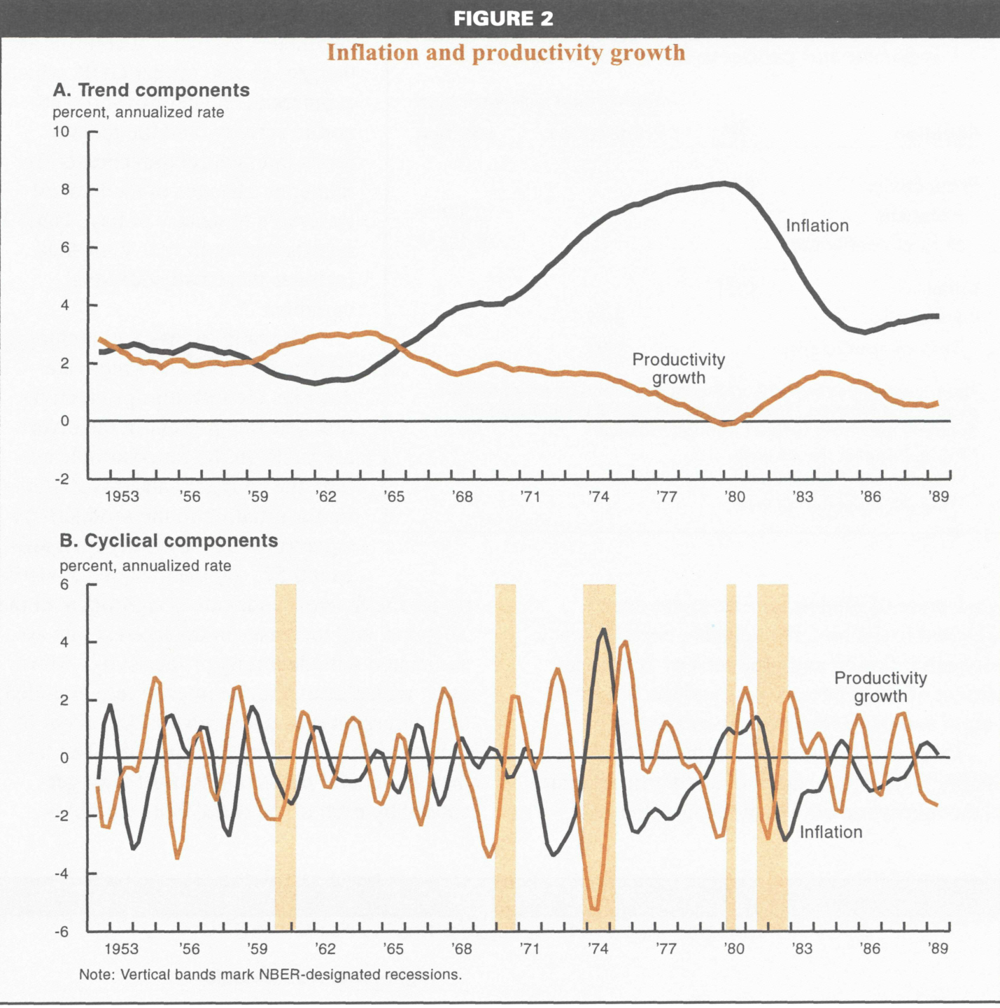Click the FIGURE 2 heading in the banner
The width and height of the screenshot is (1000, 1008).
tap(502, 19)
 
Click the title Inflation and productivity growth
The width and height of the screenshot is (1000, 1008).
tap(505, 53)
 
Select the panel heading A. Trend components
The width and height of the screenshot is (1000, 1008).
tap(151, 90)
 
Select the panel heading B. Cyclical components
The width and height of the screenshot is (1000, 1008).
tap(169, 541)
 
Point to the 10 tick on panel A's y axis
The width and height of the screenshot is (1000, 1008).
tap(62, 132)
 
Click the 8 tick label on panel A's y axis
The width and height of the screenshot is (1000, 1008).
tap(65, 190)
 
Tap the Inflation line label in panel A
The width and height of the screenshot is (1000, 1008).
tap(817, 226)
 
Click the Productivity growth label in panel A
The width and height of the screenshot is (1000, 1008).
tap(678, 369)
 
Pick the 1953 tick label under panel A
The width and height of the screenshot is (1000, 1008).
tap(122, 497)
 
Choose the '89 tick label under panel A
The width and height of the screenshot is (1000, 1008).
tap(938, 497)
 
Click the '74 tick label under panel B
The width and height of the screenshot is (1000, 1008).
tap(598, 949)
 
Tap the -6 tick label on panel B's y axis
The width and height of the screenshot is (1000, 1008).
tap(62, 932)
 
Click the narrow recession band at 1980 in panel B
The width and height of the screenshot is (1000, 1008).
tap(731, 756)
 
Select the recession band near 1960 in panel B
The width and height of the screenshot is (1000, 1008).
tap(286, 756)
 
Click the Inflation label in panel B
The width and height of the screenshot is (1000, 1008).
tap(831, 832)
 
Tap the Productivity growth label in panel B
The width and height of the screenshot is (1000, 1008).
tap(880, 687)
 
